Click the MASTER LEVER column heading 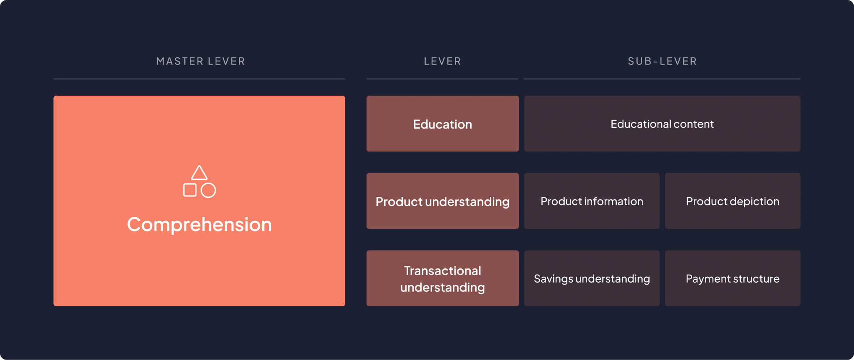click(x=201, y=61)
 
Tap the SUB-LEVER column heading click(x=662, y=61)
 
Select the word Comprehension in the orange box click(x=199, y=225)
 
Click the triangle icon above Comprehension click(x=199, y=173)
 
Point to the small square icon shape click(x=190, y=190)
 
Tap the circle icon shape click(x=208, y=190)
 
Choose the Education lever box click(x=442, y=124)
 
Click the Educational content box click(x=662, y=124)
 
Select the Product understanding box click(x=442, y=201)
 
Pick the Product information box click(x=592, y=201)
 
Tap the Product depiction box click(x=732, y=201)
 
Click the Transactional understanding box click(x=442, y=278)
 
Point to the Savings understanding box click(x=592, y=278)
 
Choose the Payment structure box click(x=732, y=278)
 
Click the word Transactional click(x=442, y=271)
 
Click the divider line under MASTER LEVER click(x=199, y=79)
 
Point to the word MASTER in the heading click(x=180, y=61)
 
